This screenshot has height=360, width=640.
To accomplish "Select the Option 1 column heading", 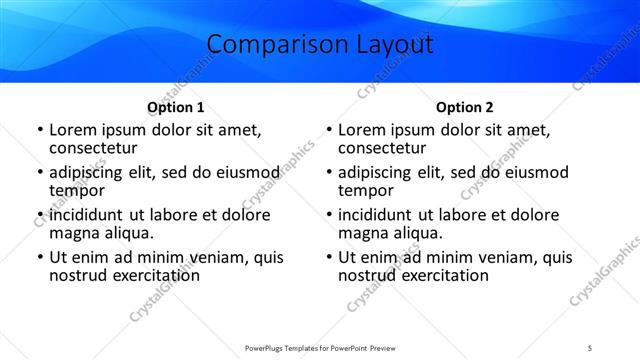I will tap(175, 107).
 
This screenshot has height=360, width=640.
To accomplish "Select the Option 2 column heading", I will tap(464, 107).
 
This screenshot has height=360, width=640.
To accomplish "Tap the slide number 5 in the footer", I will tap(590, 347).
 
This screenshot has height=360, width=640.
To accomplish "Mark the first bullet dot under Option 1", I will tap(39, 130).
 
